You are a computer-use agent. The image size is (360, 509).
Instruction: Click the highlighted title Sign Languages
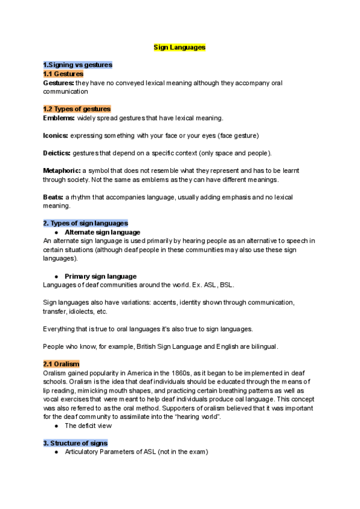[179, 46]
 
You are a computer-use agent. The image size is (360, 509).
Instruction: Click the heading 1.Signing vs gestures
[77, 64]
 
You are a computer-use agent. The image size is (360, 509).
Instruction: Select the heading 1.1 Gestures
[63, 73]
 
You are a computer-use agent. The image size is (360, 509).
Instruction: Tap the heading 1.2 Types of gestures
[77, 109]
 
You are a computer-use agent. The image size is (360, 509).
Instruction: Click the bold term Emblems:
[59, 118]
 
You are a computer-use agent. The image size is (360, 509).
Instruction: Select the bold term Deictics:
[58, 153]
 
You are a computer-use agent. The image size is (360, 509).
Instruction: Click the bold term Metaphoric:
[62, 170]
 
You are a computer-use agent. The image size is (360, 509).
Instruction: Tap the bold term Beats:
[53, 197]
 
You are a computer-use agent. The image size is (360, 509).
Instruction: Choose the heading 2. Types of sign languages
[85, 223]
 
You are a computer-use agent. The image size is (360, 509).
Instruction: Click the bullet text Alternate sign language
[102, 232]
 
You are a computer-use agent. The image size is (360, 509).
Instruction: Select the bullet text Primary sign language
[100, 276]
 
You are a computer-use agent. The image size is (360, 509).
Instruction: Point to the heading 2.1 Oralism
[61, 364]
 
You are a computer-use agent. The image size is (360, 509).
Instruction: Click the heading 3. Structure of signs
[75, 443]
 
